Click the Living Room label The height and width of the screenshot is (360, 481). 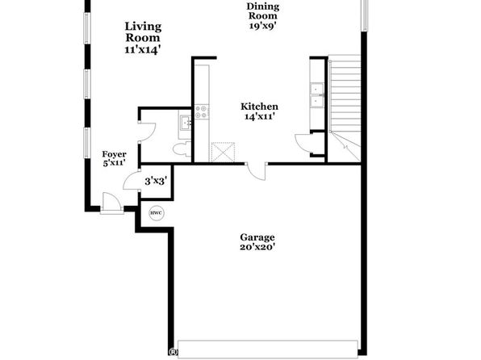(143, 38)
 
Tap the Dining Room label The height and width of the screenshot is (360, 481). (263, 15)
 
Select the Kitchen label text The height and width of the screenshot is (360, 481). (259, 107)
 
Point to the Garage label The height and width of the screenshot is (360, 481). (257, 237)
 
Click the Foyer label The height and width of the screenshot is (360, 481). (114, 154)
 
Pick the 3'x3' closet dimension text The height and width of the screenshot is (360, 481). (156, 181)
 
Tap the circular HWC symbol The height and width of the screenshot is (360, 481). (157, 212)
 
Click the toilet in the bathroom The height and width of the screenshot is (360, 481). (182, 149)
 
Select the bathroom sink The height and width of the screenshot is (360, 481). (185, 123)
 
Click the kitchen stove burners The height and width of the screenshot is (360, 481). (202, 111)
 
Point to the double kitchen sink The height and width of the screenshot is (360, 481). (316, 95)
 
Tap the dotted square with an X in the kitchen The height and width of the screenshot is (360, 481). (223, 152)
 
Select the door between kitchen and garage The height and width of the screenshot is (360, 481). (256, 172)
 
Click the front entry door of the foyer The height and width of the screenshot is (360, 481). (111, 203)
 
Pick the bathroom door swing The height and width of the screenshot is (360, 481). (147, 132)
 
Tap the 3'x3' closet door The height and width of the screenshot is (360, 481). (132, 180)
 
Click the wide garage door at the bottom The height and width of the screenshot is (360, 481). (268, 349)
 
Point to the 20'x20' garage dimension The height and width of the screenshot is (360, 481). (257, 247)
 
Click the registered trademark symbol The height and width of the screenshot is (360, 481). (174, 351)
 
